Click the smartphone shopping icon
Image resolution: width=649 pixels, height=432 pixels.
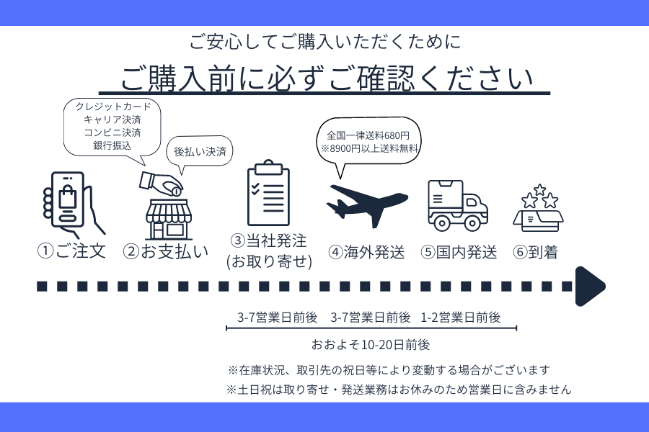[70, 204]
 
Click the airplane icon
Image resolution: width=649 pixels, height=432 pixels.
[366, 202]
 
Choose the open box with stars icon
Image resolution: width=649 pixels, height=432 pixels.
[538, 210]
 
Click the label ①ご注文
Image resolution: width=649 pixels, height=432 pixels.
[71, 251]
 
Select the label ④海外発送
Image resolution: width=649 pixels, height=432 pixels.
[366, 252]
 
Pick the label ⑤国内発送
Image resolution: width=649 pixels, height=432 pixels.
[459, 252]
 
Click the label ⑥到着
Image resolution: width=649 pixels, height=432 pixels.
[535, 252]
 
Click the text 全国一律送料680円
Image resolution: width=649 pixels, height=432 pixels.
[368, 135]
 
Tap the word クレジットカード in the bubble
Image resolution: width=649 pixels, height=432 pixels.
[112, 107]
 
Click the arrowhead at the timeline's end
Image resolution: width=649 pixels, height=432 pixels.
[589, 286]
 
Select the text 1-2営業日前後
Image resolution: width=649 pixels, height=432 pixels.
[461, 317]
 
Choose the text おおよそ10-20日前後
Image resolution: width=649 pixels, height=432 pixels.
[371, 343]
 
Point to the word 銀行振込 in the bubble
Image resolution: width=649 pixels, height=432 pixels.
[112, 145]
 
